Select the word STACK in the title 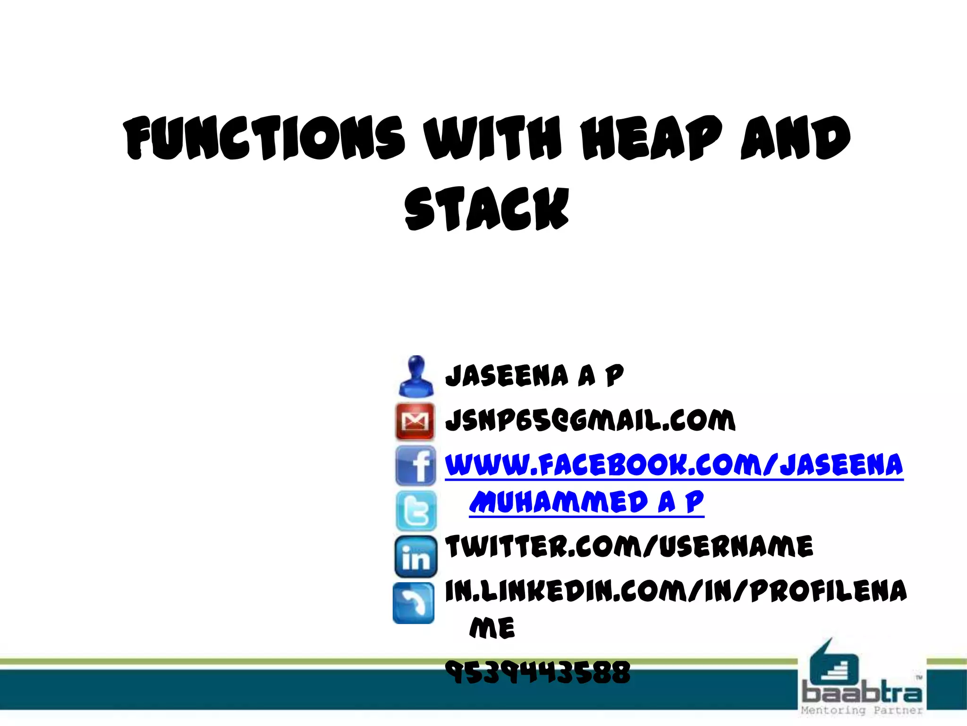coord(487,209)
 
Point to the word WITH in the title coord(493,138)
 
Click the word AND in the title coord(796,138)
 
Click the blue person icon coord(416,377)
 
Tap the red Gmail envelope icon coord(415,421)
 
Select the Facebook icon coord(416,466)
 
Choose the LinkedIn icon coord(416,557)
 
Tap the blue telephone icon coord(414,603)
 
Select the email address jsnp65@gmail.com coord(590,420)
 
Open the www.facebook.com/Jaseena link coord(674,465)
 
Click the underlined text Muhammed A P coord(586,502)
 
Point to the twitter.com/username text coord(629,546)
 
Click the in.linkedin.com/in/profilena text coord(676,591)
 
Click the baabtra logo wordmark coord(862,692)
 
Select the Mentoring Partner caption coord(862,710)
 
